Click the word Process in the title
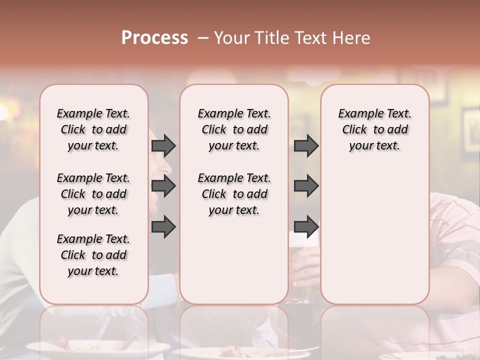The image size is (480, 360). click(154, 37)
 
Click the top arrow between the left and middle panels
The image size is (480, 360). click(163, 145)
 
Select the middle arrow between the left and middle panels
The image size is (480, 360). click(163, 186)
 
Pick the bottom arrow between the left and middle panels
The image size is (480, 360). click(163, 227)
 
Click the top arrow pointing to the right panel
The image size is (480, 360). click(306, 145)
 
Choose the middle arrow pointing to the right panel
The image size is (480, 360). click(306, 186)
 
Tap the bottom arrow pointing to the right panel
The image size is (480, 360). click(306, 227)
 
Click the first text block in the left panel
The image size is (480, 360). click(93, 129)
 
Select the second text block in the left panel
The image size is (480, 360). click(93, 194)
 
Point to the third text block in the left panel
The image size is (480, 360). click(93, 255)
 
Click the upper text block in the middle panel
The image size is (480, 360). click(234, 129)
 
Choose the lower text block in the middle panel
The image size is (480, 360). click(234, 194)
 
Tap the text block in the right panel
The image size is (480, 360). click(374, 129)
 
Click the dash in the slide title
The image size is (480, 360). click(203, 38)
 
